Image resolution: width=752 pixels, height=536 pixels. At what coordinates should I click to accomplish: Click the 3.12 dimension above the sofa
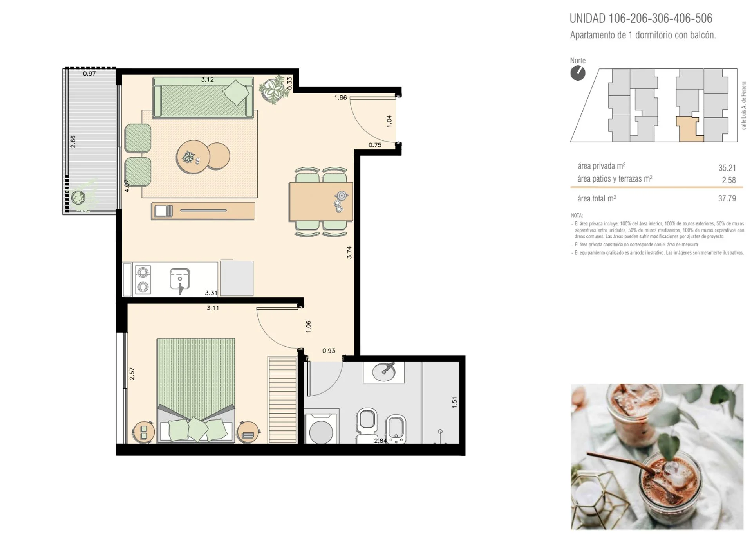click(x=207, y=79)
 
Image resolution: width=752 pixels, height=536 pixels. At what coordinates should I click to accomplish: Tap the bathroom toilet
click(x=367, y=425)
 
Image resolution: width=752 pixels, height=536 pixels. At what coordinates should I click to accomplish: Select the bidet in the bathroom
click(x=396, y=429)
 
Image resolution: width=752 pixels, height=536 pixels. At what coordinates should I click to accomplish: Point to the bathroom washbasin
click(x=384, y=372)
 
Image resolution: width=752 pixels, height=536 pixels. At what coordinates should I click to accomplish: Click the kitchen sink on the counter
click(x=180, y=279)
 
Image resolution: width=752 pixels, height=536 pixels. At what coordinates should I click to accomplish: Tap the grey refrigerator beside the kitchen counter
click(x=237, y=278)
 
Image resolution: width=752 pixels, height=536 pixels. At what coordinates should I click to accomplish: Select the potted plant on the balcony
click(x=78, y=197)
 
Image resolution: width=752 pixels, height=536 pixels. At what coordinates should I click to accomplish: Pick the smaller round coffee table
click(x=218, y=156)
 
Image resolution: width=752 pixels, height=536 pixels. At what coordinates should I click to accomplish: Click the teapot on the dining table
click(x=342, y=196)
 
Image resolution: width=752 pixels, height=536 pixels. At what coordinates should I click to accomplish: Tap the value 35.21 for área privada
click(x=727, y=168)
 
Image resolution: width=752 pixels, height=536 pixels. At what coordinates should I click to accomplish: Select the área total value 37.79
click(x=727, y=198)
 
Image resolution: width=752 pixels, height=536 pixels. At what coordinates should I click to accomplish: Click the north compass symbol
click(x=578, y=73)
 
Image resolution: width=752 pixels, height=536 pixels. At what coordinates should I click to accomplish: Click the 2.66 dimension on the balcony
click(x=73, y=142)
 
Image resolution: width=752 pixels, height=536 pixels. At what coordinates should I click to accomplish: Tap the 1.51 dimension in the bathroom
click(x=454, y=402)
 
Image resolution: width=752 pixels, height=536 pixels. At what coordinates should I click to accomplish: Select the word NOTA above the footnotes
click(x=577, y=216)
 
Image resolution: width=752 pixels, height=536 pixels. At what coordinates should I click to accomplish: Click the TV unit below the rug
click(x=203, y=210)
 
